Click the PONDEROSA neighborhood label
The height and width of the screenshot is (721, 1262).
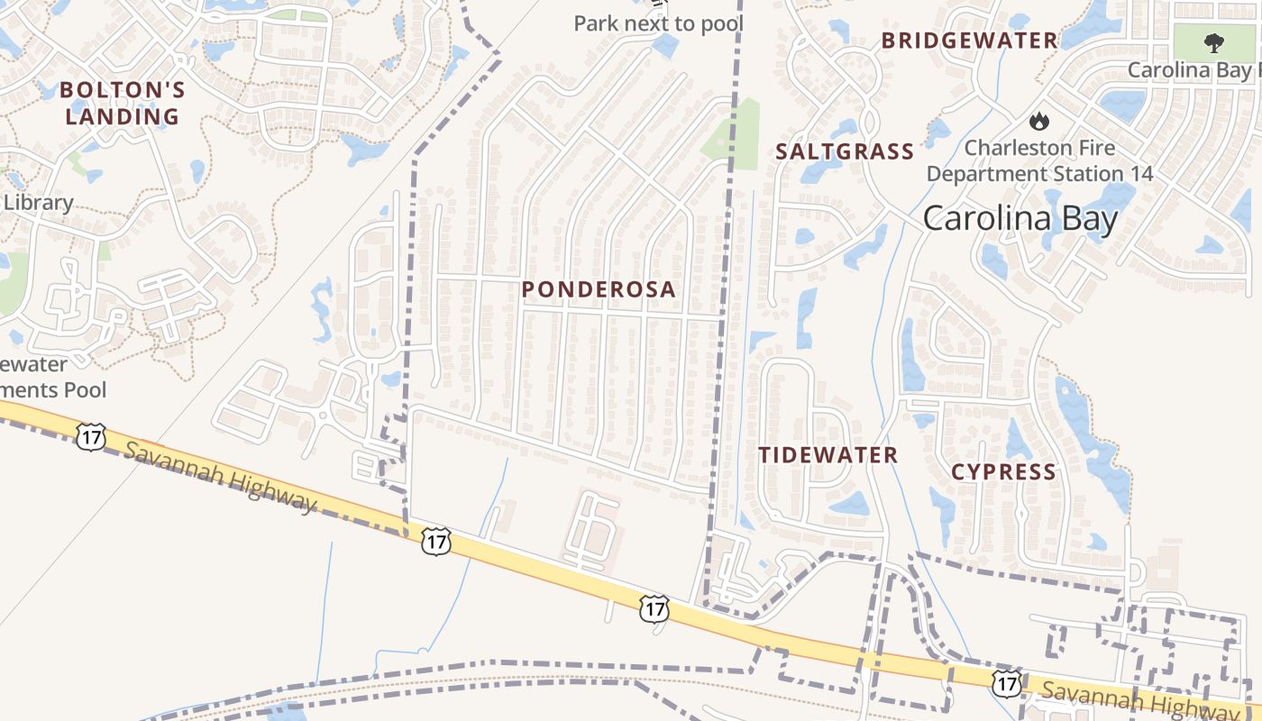point(599,289)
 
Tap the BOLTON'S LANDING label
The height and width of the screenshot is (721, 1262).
point(123,103)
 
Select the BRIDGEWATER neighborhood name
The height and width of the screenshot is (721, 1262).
point(969,41)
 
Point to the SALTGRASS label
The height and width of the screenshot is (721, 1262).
point(845,151)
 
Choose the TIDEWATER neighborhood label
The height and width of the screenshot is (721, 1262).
point(828,455)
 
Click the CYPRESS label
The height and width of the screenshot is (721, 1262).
point(1003,472)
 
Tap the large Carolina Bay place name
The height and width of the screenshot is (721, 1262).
point(1020,218)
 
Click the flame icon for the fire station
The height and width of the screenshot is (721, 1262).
point(1039,120)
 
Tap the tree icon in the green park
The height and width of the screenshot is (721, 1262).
point(1214,42)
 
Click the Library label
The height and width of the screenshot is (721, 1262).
point(38,202)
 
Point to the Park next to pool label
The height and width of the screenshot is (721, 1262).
point(659,23)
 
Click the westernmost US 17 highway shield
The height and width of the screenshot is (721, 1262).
point(91,436)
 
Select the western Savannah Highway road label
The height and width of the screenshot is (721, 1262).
point(221,477)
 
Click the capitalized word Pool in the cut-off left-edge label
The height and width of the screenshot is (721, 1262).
point(85,389)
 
